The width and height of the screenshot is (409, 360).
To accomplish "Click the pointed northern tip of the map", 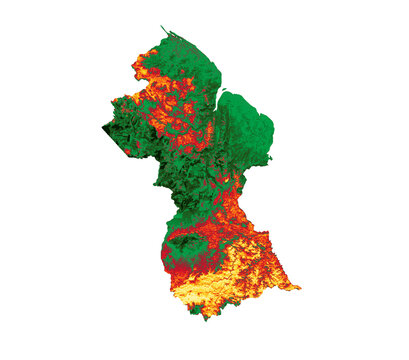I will pyautogui.click(x=161, y=28).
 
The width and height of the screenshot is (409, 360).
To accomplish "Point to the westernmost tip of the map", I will pyautogui.click(x=103, y=127).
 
